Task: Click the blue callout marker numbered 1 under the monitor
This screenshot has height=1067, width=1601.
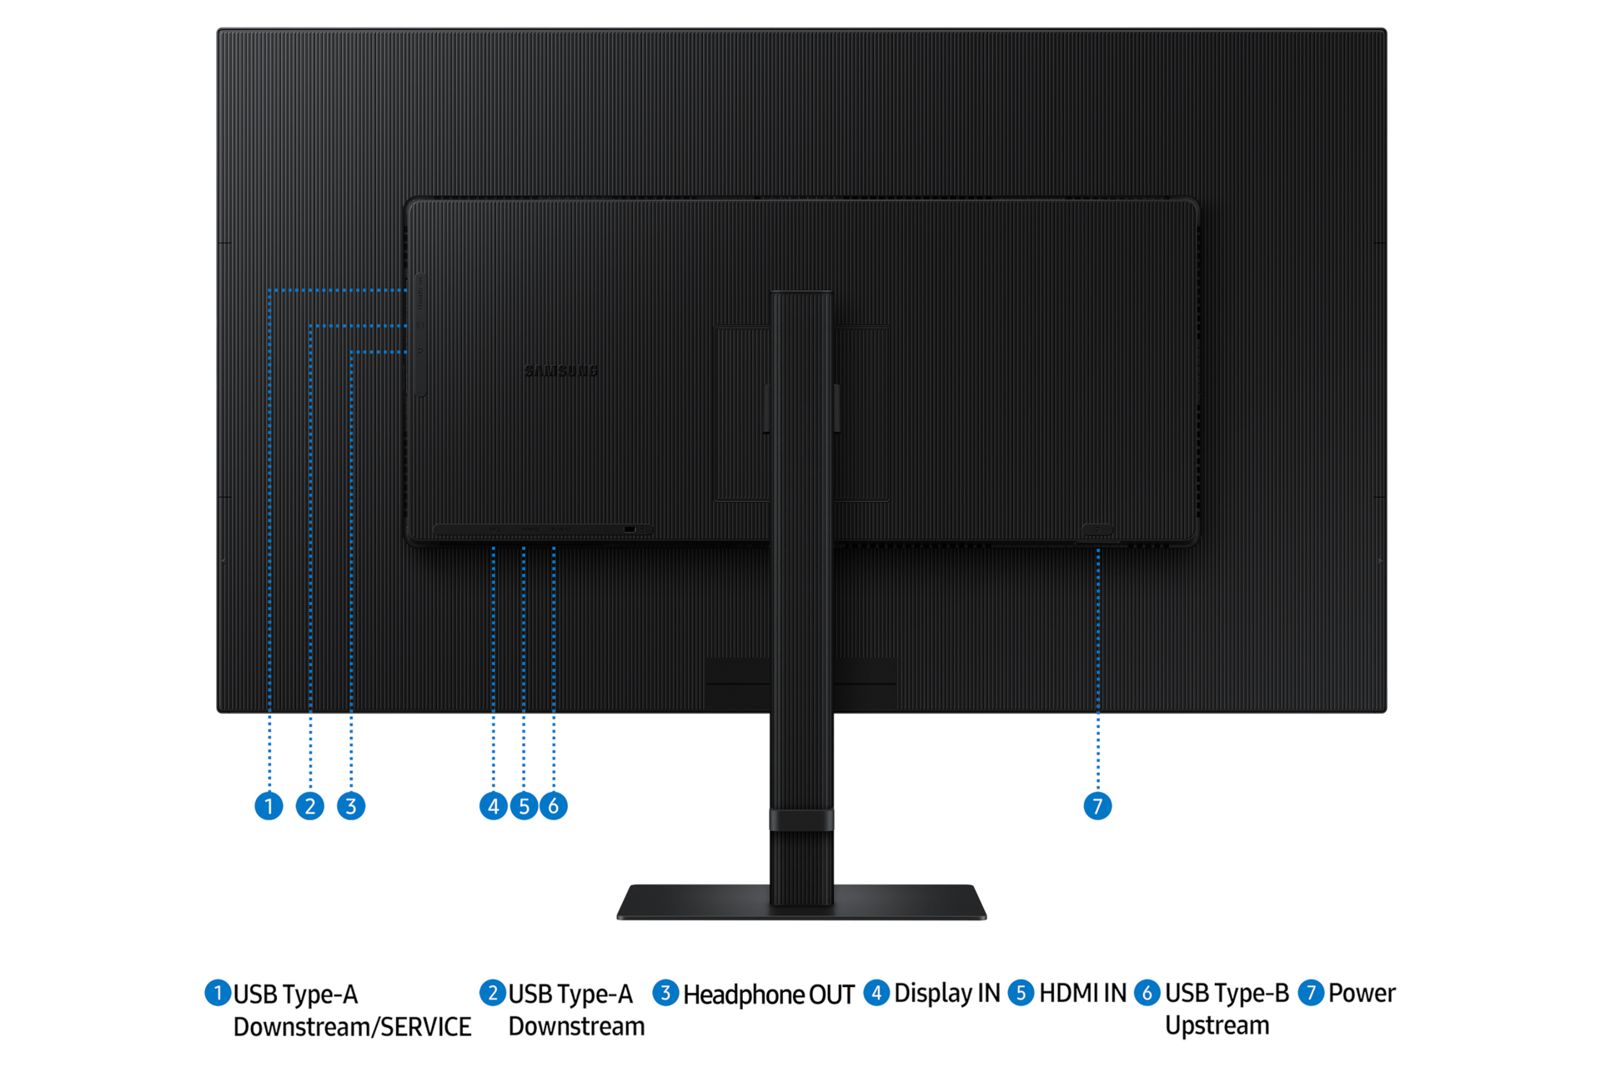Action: [269, 806]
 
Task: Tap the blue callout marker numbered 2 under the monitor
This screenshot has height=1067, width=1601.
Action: [310, 806]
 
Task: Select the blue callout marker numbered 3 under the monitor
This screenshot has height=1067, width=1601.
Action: [351, 806]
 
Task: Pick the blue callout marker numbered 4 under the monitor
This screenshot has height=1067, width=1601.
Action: [494, 806]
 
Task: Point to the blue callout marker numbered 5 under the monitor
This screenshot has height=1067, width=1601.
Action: [524, 806]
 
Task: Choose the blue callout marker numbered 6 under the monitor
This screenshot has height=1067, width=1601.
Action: [554, 806]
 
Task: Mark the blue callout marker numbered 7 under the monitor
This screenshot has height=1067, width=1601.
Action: [1097, 806]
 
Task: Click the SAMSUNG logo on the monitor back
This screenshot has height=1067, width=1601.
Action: [561, 371]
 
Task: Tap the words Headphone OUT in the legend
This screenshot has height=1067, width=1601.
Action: [769, 994]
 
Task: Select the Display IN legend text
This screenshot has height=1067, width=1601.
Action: [947, 994]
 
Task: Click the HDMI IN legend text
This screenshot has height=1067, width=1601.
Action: [1082, 994]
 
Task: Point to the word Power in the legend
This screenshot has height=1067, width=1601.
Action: [1362, 994]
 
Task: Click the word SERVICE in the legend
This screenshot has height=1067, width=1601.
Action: [426, 1027]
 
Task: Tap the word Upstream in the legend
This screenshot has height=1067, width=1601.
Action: [1217, 1026]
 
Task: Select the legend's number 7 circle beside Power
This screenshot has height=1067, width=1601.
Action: [1311, 993]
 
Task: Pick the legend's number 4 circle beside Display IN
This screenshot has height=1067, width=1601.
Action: [876, 993]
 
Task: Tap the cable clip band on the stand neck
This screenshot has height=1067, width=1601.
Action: [801, 819]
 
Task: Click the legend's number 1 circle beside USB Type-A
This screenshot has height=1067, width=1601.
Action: [218, 993]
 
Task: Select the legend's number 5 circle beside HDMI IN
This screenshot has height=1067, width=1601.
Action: [1021, 993]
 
